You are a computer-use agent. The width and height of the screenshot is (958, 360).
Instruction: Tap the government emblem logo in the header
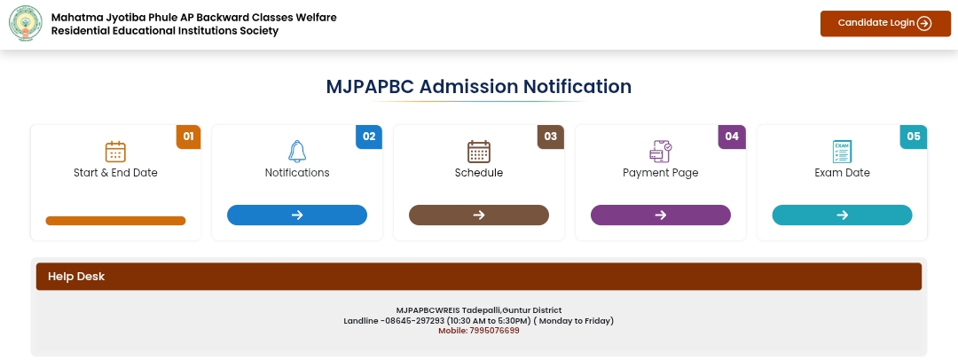tap(26, 23)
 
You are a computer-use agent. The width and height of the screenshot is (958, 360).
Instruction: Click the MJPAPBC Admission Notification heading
tap(478, 86)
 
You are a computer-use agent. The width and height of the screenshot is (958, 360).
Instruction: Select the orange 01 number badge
tap(188, 137)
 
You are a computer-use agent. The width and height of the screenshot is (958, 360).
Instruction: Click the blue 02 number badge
tap(369, 137)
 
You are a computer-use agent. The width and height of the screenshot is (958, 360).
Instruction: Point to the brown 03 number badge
tap(551, 137)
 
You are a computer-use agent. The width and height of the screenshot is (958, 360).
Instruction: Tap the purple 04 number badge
tap(732, 137)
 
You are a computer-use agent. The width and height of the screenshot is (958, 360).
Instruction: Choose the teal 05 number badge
tap(914, 137)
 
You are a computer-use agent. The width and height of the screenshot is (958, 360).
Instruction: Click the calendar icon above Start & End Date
tap(115, 152)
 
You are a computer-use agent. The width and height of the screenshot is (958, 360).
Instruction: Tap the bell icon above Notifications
tap(297, 152)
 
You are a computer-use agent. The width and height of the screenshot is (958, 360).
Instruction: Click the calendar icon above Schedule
tap(479, 152)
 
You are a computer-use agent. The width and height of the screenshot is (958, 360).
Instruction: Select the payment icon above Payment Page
tap(661, 152)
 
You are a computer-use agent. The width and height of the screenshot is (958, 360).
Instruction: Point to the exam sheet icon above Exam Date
tap(842, 152)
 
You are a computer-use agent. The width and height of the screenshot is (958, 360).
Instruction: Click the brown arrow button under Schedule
tap(479, 215)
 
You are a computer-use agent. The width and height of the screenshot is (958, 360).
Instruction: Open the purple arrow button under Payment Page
tap(661, 215)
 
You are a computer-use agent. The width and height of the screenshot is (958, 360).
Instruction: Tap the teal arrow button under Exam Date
tap(842, 215)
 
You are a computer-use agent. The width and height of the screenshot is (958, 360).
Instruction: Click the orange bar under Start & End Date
tap(115, 221)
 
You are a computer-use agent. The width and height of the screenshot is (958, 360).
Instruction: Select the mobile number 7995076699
tap(494, 331)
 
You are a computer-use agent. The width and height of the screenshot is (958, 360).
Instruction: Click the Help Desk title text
tap(76, 277)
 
